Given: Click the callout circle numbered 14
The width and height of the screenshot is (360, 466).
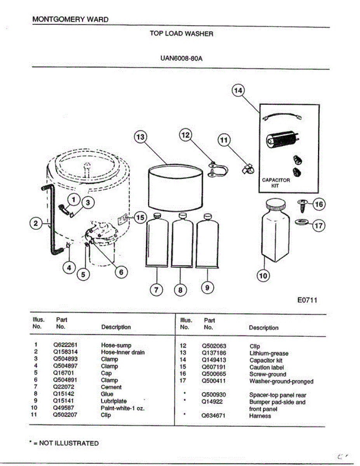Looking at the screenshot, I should click(238, 91).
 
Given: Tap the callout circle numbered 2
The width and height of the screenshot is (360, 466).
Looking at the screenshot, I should click(36, 223).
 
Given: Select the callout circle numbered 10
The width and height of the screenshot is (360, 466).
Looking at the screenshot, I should click(263, 276).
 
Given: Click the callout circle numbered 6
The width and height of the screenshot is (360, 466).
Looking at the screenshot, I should click(121, 272).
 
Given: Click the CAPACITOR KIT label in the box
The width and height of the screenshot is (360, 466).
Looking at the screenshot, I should click(276, 183).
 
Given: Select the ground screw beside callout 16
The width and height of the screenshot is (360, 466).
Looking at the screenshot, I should click(303, 204).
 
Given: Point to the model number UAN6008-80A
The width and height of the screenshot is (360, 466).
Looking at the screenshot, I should click(181, 59).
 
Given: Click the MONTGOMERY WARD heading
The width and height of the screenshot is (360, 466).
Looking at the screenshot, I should click(70, 19).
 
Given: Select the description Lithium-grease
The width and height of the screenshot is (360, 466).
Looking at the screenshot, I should click(269, 353).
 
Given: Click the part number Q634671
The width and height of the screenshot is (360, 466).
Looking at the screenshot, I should click(214, 416).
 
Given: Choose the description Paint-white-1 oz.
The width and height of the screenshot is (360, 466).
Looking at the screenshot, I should click(122, 408).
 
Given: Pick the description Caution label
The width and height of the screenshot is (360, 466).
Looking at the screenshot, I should click(266, 367).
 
